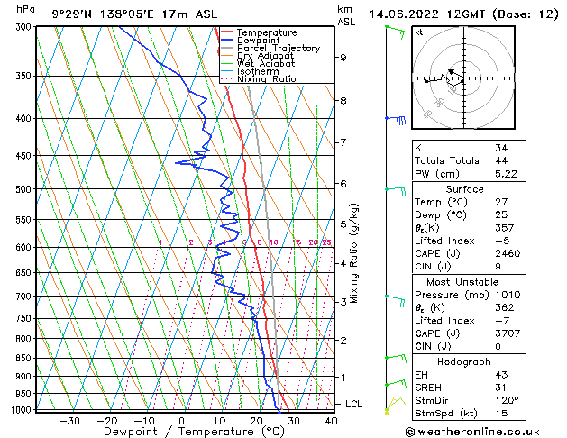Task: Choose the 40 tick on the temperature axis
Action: [x=331, y=421]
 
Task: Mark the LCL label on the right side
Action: [x=354, y=405]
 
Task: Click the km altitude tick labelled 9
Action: [x=343, y=58]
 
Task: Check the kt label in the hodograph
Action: [x=419, y=32]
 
